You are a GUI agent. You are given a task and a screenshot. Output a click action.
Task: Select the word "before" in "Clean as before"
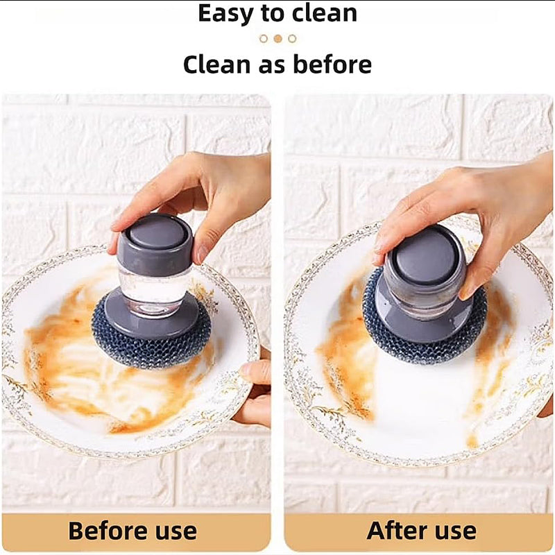click(332, 65)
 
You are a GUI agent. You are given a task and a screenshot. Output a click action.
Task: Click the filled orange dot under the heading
click(278, 39)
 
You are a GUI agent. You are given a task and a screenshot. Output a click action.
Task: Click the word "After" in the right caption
click(397, 531)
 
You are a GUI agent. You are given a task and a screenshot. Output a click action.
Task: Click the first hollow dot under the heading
click(264, 39)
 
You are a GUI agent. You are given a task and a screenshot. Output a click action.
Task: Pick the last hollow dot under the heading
click(292, 39)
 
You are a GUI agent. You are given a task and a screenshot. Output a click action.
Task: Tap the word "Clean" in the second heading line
click(216, 65)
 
